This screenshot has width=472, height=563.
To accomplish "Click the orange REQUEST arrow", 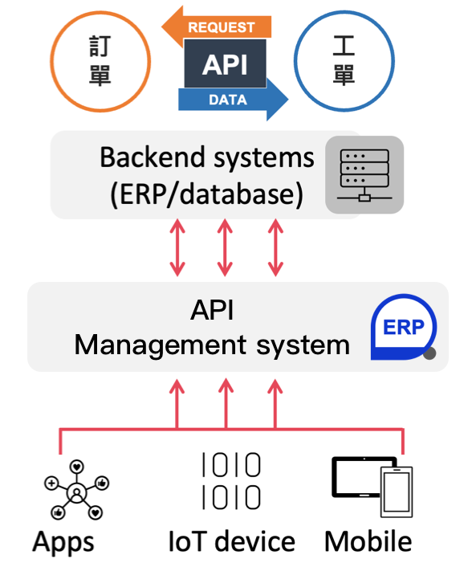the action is tap(218, 27).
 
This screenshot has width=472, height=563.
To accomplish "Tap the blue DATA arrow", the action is tap(234, 100).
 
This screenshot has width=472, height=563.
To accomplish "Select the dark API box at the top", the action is tap(225, 63).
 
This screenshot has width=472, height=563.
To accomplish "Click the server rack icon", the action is tap(364, 175).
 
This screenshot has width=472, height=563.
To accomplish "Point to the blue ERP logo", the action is tap(404, 327).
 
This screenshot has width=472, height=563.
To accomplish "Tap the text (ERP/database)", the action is tap(207, 194).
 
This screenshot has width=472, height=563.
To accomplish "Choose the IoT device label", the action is tap(231, 541).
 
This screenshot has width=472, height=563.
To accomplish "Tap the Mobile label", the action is tap(368, 541).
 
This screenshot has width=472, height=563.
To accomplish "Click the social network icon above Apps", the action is tap(76, 489).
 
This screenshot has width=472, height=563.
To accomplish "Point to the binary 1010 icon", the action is tap(231, 481).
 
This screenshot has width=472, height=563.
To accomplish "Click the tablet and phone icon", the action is tap(372, 487).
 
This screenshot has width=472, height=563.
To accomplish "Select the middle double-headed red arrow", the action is tap(225, 247).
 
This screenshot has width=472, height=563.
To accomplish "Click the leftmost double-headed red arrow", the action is tap(177, 247).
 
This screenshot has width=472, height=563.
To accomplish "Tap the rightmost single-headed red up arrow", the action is tap(275, 404).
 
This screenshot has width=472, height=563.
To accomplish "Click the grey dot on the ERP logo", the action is tap(429, 353).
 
